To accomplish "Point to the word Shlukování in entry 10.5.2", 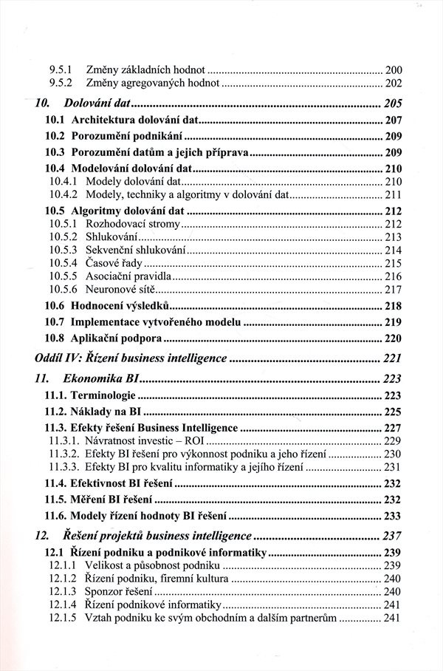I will pos(111,236).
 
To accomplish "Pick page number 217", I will pos(392,289).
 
